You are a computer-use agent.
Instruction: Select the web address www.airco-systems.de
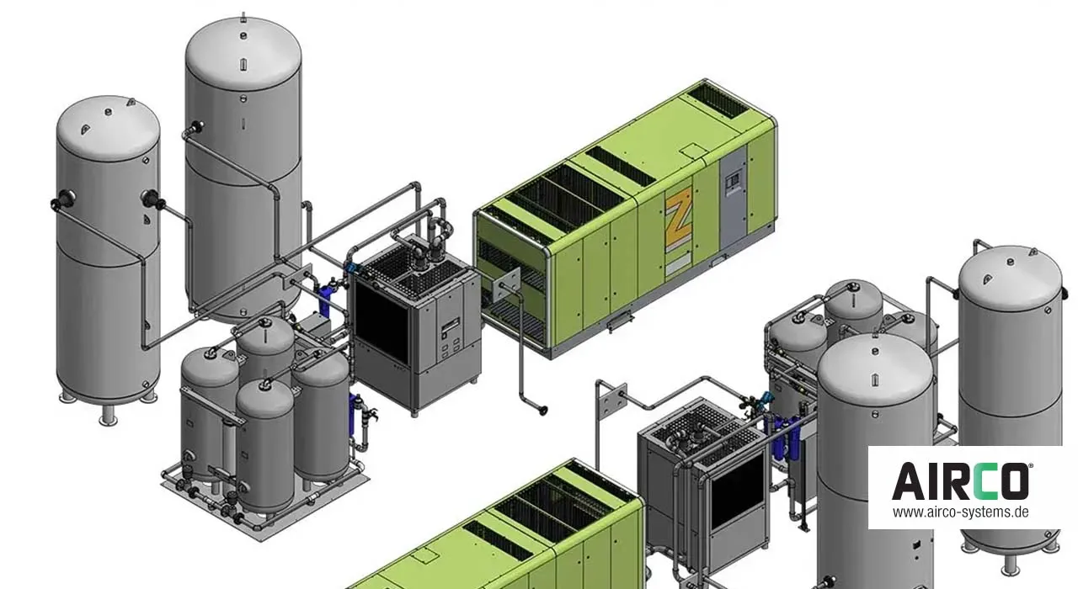[x=961, y=512]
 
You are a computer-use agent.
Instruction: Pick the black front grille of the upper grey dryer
[x=384, y=324]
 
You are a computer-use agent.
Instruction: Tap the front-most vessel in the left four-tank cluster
[x=264, y=446]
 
